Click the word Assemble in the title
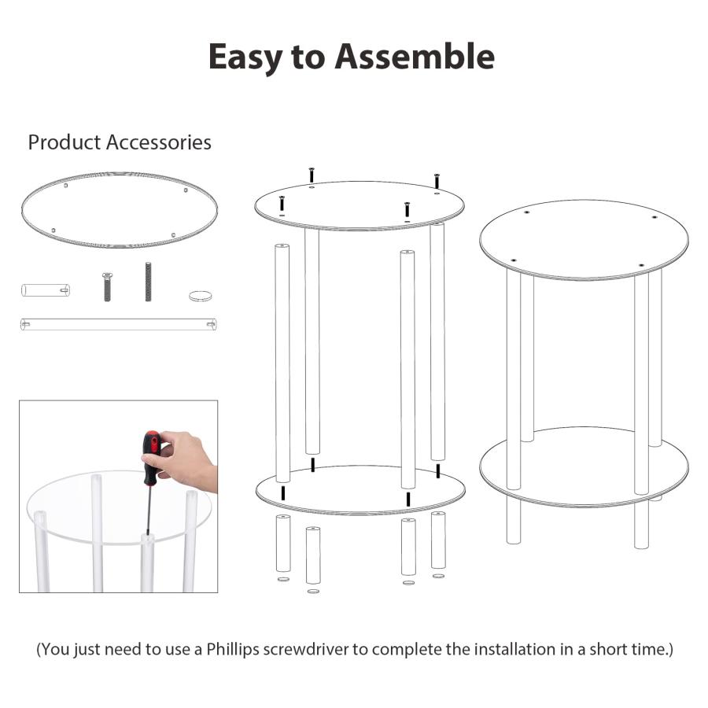tap(415, 57)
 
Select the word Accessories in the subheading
tap(158, 142)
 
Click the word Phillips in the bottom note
tap(233, 649)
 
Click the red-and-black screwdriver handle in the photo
tap(151, 457)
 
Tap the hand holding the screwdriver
tap(185, 459)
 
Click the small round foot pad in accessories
tap(201, 296)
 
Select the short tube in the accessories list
tap(46, 289)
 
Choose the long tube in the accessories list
tap(118, 324)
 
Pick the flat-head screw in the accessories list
tap(107, 286)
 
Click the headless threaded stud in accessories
tap(148, 282)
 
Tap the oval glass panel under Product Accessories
tap(120, 209)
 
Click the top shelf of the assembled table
tap(584, 239)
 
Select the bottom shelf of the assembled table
tap(584, 467)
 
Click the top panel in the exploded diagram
tap(360, 205)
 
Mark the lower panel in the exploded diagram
tap(360, 490)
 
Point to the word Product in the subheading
tap(65, 142)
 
